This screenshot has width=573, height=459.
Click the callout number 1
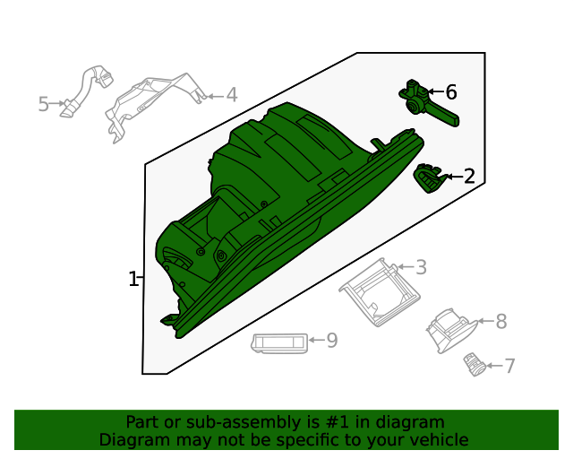pyautogui.click(x=133, y=279)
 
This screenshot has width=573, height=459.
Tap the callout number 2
pyautogui.click(x=468, y=177)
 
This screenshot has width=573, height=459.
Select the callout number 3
pyautogui.click(x=420, y=267)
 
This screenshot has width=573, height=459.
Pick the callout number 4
pyautogui.click(x=231, y=94)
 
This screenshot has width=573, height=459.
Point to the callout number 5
pyautogui.click(x=43, y=105)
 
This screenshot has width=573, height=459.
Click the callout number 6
pyautogui.click(x=450, y=92)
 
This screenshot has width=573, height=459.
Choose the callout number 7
pyautogui.click(x=509, y=366)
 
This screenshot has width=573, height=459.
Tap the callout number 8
pyautogui.click(x=500, y=321)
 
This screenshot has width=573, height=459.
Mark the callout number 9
pyautogui.click(x=331, y=341)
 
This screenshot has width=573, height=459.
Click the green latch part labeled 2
pyautogui.click(x=430, y=178)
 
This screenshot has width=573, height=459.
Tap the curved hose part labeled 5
pyautogui.click(x=86, y=90)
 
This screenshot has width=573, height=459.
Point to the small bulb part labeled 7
pyautogui.click(x=473, y=363)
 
